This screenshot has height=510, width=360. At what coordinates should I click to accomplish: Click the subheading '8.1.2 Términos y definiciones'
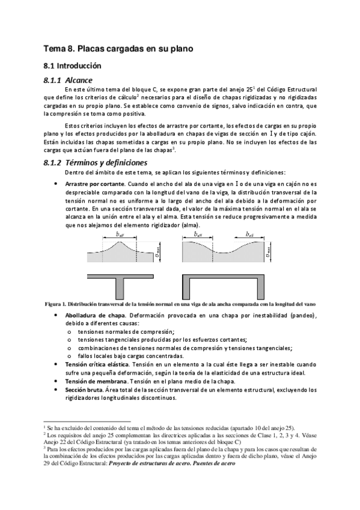pos(96,163)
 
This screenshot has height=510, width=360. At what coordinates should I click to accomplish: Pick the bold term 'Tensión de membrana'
pos(93,381)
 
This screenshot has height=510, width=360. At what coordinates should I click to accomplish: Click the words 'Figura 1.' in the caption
pos(56,304)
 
